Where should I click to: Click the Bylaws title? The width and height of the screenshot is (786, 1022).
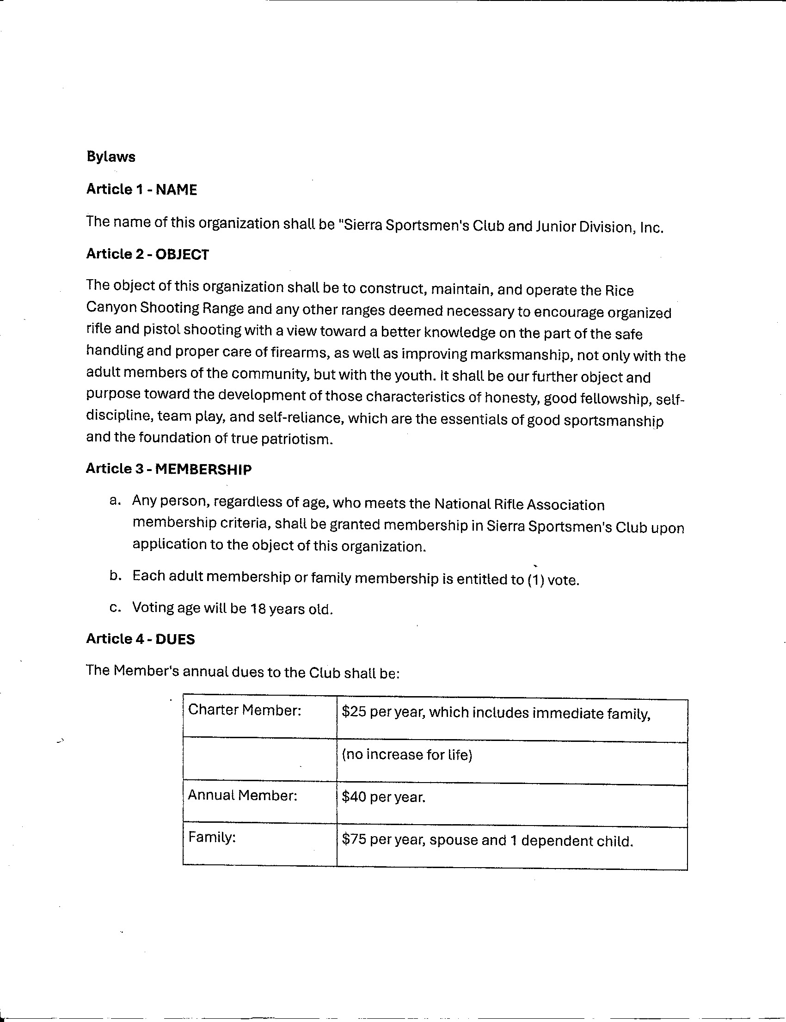pos(111,157)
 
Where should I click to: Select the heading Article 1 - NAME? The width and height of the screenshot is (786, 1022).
pos(142,190)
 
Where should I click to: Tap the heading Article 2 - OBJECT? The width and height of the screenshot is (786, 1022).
pos(147,254)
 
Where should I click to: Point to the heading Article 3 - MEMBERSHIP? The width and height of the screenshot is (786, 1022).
pos(168,469)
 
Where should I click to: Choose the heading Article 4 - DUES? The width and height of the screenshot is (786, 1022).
pos(141,639)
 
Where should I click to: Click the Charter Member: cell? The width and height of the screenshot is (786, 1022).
pos(244,710)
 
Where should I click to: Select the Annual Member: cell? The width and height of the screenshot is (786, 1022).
pos(242,795)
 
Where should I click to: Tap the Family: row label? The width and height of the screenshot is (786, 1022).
pos(211,837)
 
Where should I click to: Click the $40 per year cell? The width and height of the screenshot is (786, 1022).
pos(383,797)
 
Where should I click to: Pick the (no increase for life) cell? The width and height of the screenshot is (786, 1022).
pos(406,755)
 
